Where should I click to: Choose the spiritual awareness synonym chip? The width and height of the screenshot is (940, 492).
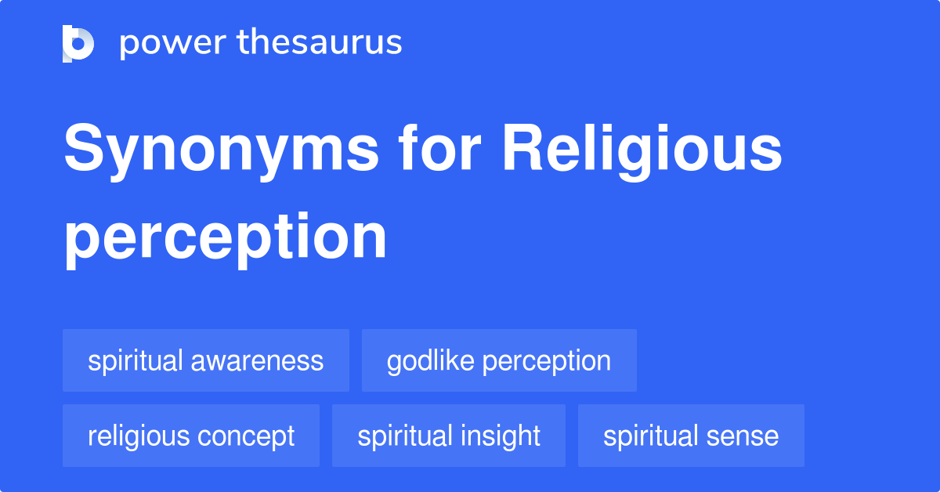click(206, 360)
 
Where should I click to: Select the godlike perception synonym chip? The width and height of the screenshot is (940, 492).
click(499, 360)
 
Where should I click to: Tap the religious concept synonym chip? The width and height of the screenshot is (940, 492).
click(191, 436)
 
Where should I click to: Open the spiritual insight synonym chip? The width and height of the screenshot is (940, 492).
click(449, 436)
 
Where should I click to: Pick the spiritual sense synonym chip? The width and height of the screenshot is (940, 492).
click(691, 436)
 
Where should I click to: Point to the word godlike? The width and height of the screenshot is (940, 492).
click(430, 360)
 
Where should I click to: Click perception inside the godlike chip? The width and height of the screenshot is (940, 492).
click(546, 361)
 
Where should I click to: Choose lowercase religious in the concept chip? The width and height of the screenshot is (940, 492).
click(135, 436)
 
